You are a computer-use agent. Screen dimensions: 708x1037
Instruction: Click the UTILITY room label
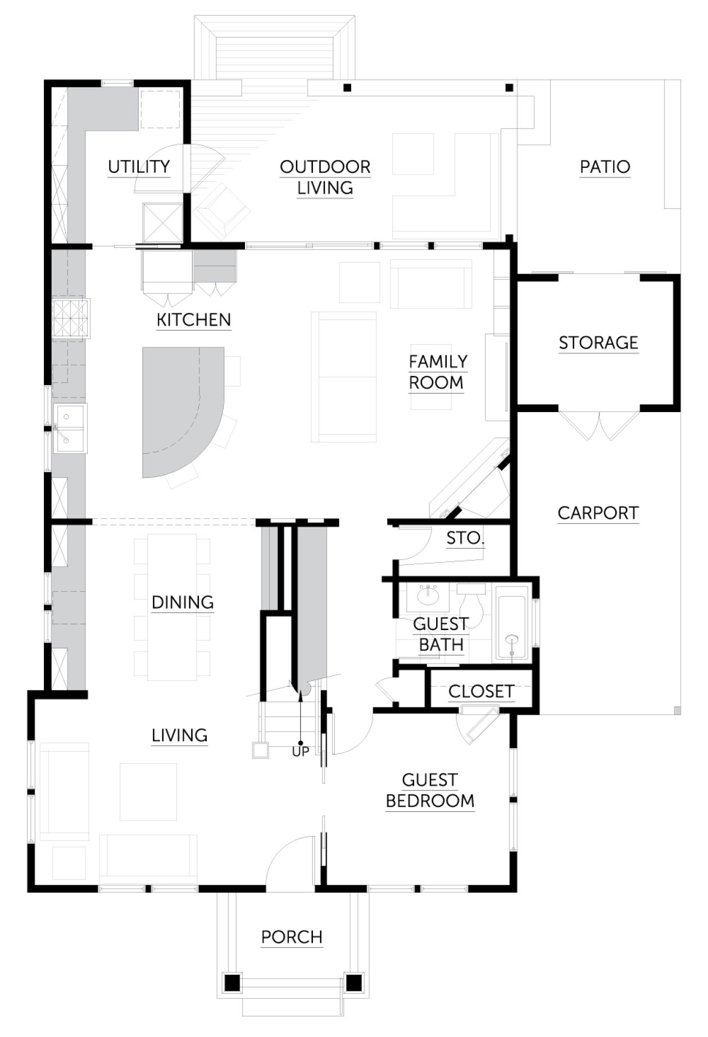pos(139,167)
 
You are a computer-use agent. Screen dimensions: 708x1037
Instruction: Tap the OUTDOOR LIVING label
pos(325,177)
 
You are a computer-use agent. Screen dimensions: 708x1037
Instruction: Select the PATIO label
pos(605,167)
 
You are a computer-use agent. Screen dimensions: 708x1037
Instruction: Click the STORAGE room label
pos(598,342)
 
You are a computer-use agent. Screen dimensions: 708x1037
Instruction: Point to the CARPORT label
pos(598,513)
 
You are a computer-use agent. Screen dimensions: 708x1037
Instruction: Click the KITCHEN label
pos(194,320)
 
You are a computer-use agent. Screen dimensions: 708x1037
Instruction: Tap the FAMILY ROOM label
pos(438,372)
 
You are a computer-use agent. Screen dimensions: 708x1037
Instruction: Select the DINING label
pos(183,602)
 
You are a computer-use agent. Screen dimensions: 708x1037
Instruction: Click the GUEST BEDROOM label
pos(430,791)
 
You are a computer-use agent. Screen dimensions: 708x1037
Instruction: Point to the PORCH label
pos(292,937)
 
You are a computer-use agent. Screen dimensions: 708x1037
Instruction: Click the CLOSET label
pos(482,692)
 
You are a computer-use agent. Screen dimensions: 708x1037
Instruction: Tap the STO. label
pos(465,538)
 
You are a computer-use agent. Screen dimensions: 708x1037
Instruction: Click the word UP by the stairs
pos(301,751)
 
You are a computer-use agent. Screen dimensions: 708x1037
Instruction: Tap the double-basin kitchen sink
pos(70,428)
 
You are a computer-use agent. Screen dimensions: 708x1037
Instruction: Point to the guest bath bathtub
pos(511,623)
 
